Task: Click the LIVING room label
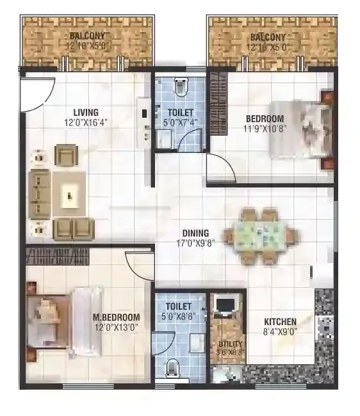pyautogui.click(x=76, y=112)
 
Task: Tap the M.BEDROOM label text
pyautogui.click(x=115, y=317)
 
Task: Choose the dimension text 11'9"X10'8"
pyautogui.click(x=265, y=129)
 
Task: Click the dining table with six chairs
pyautogui.click(x=261, y=236)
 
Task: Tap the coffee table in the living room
pyautogui.click(x=69, y=194)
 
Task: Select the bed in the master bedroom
pyautogui.click(x=64, y=321)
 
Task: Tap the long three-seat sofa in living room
pyautogui.click(x=40, y=193)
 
